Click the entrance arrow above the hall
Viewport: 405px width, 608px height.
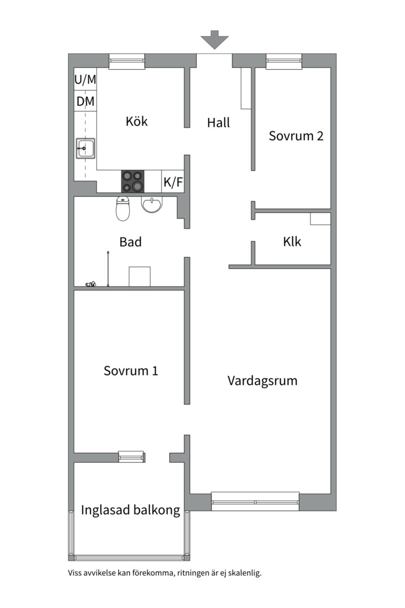(214, 39)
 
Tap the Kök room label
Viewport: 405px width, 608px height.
(137, 121)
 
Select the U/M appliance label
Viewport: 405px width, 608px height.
(85, 80)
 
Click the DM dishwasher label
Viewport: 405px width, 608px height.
(85, 101)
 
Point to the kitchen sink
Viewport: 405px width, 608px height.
(85, 148)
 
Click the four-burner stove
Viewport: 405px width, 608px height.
(133, 181)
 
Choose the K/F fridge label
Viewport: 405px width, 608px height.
(173, 182)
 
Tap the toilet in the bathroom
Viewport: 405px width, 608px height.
(123, 209)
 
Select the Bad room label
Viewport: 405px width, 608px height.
(130, 242)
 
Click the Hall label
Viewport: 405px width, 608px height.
(219, 123)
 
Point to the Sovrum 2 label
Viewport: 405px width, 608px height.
(296, 136)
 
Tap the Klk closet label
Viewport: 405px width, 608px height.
(292, 242)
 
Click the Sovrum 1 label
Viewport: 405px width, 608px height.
(131, 370)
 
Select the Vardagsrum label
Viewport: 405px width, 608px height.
(262, 381)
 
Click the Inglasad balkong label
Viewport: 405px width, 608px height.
(130, 510)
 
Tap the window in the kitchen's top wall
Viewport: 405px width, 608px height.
(127, 61)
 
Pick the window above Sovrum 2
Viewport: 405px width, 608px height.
(284, 61)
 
